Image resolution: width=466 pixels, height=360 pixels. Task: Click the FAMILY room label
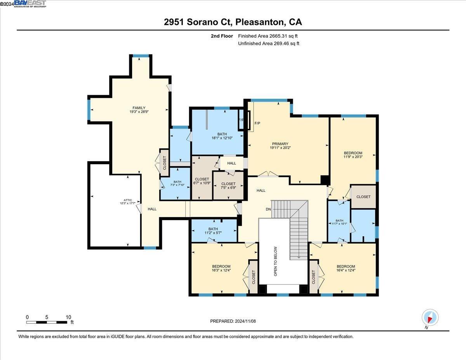[x=139, y=108]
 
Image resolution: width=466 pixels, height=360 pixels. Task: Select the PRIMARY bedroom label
[x=280, y=144]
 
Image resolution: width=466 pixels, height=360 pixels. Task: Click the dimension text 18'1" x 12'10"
[x=222, y=138]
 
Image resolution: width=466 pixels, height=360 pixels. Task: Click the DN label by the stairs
[x=268, y=209]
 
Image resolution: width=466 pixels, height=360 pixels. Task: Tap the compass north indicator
[x=430, y=318]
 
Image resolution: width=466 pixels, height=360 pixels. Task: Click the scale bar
[x=47, y=322]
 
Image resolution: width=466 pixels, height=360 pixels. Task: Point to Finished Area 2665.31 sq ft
[x=268, y=36]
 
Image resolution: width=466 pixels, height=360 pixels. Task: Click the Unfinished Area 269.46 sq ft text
[x=268, y=43]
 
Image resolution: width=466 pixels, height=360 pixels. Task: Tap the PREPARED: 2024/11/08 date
[x=233, y=321]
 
